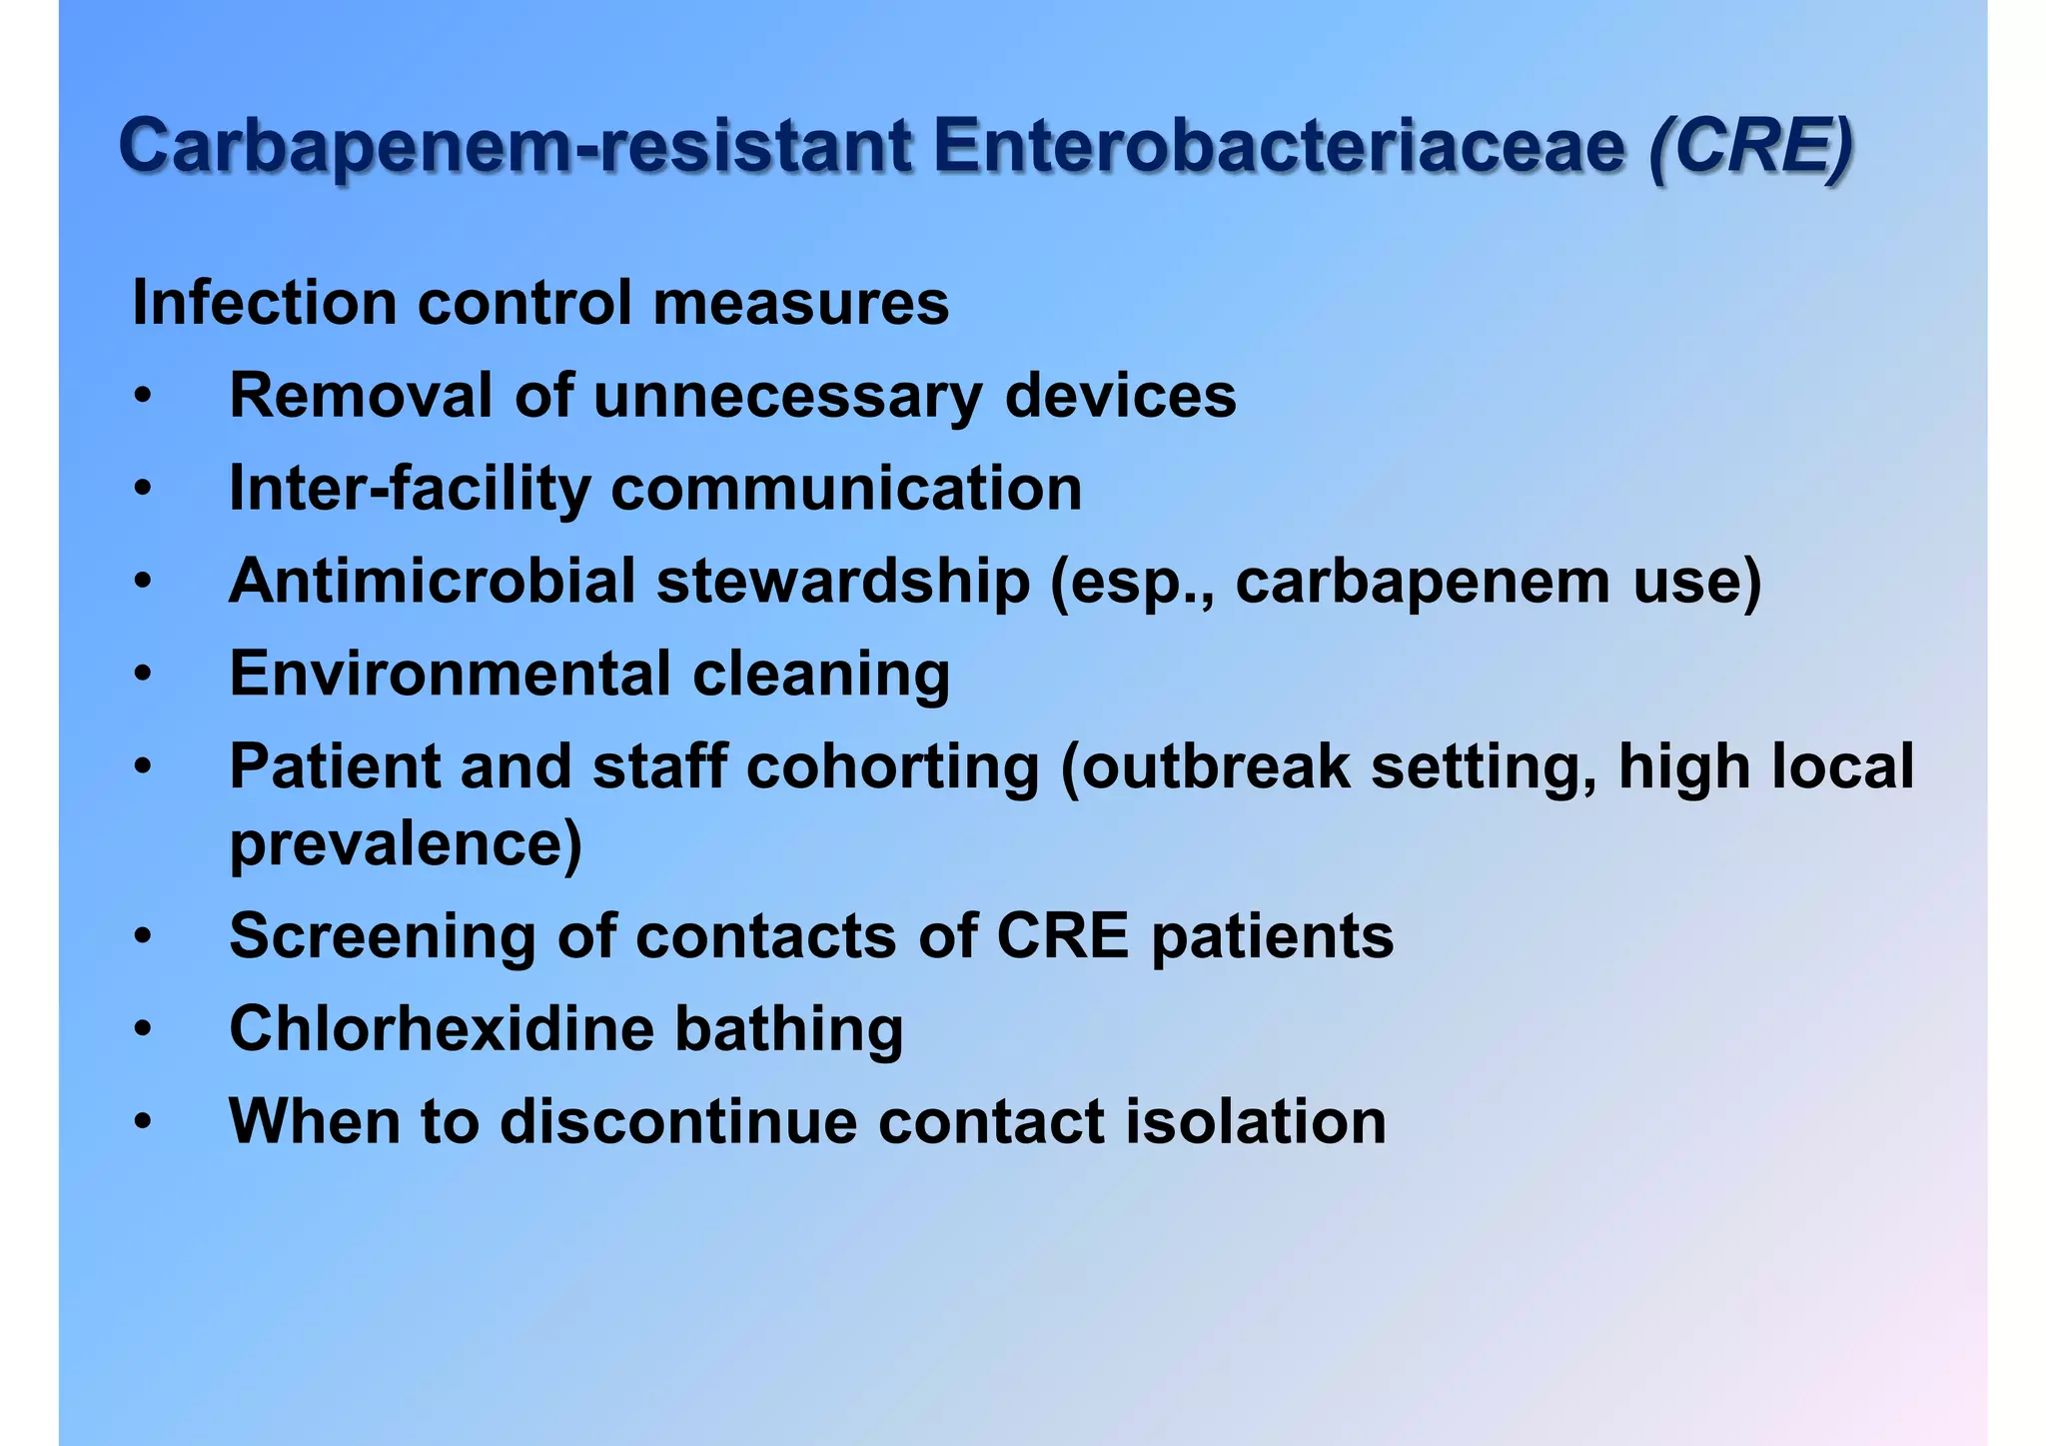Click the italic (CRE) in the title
(x=1750, y=148)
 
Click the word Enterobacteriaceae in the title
(x=1280, y=148)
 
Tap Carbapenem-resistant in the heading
(x=515, y=148)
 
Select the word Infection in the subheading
(x=265, y=303)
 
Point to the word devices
(x=1120, y=396)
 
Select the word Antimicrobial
(x=432, y=582)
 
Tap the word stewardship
(x=842, y=582)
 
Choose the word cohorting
(x=892, y=767)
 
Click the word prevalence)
(x=406, y=845)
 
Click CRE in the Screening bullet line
(x=1062, y=936)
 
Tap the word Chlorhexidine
(x=441, y=1029)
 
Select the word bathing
(x=788, y=1029)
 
